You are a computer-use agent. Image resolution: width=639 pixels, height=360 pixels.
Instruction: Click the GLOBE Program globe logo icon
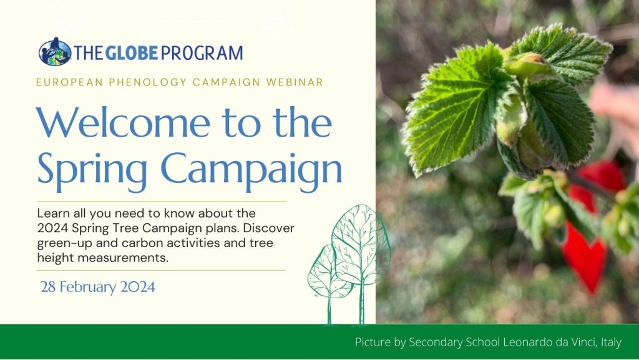[x=55, y=52]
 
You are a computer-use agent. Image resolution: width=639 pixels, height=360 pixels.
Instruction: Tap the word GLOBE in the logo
[x=132, y=53]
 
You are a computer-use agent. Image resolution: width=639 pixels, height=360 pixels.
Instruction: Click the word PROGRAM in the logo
[x=202, y=53]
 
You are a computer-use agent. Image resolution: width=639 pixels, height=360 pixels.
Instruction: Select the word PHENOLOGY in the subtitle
[x=147, y=82]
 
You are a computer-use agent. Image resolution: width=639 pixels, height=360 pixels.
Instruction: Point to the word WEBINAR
[x=295, y=82]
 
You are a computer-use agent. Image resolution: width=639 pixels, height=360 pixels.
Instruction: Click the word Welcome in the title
[x=124, y=122]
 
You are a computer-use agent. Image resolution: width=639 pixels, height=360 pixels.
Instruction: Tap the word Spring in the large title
[x=92, y=168]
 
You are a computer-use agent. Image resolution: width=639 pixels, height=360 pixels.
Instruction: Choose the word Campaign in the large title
[x=251, y=168]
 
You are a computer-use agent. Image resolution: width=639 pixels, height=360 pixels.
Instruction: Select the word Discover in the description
[x=268, y=228]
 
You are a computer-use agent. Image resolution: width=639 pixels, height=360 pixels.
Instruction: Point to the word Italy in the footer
[x=612, y=343]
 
